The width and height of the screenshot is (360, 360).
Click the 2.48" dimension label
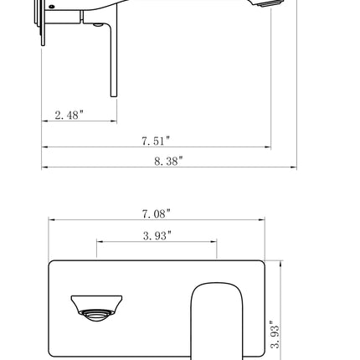click(x=69, y=115)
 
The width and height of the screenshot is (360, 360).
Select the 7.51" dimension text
click(x=156, y=141)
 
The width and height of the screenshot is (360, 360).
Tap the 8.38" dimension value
click(x=167, y=160)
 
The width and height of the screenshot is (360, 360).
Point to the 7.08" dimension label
click(x=156, y=215)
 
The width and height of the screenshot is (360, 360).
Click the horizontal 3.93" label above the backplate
click(x=157, y=236)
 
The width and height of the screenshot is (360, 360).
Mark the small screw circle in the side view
click(x=52, y=7)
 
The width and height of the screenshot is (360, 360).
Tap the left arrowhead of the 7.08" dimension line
click(x=51, y=221)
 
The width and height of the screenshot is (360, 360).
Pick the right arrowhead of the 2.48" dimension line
click(x=114, y=121)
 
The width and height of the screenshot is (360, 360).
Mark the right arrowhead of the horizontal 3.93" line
click(x=214, y=243)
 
